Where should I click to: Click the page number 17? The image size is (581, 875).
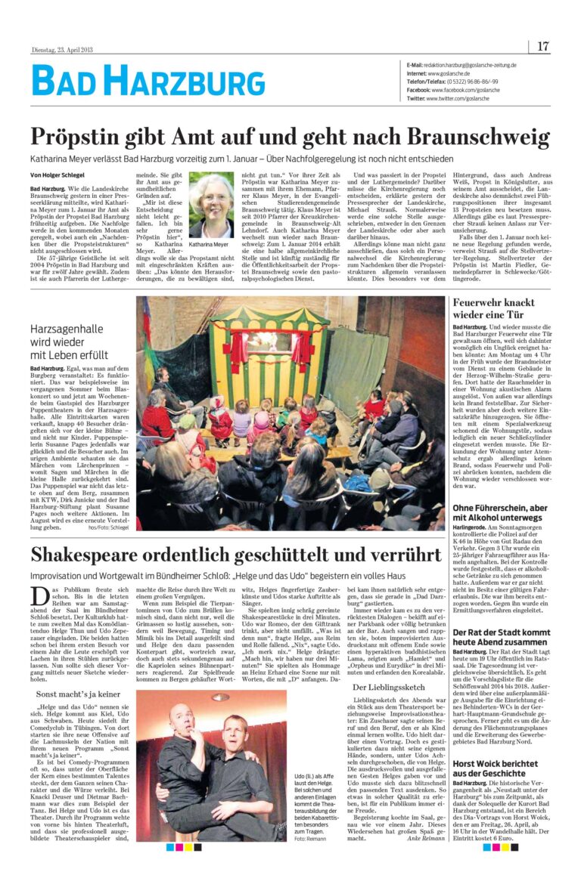pos(543,46)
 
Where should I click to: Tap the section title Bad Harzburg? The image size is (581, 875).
pos(148,82)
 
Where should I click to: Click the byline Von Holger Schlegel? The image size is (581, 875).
pos(57,175)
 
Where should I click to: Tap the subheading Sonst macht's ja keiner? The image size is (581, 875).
pos(78,693)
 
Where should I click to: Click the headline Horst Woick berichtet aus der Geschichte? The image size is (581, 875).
pos(495,768)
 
